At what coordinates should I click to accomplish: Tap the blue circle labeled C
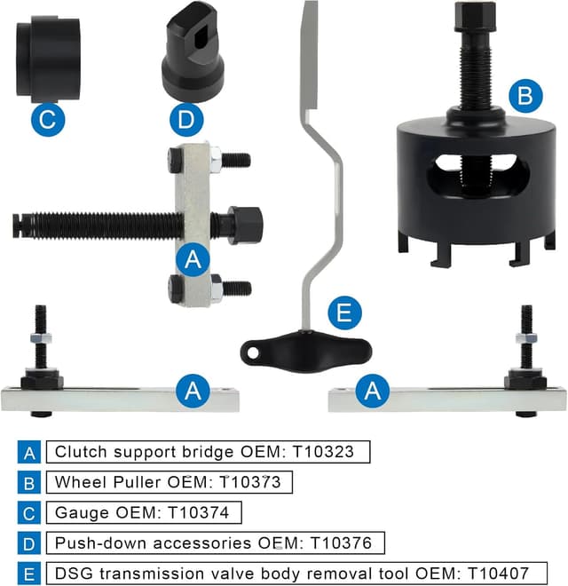coord(48,119)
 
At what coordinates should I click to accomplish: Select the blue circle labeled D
coord(185,119)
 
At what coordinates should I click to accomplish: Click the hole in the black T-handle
coord(254,352)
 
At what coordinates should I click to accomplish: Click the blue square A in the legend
coord(29,452)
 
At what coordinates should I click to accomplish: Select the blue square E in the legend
coord(29,573)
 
